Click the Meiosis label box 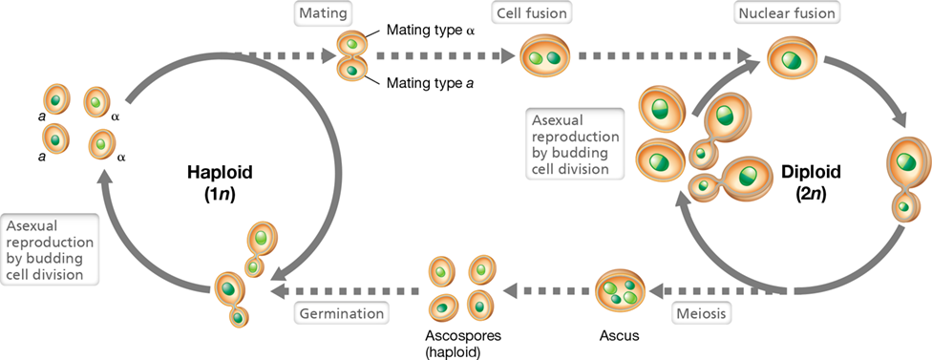702,313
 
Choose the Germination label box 341,313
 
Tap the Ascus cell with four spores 620,289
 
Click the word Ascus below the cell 620,335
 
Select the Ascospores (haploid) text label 463,343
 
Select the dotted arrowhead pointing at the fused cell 507,56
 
